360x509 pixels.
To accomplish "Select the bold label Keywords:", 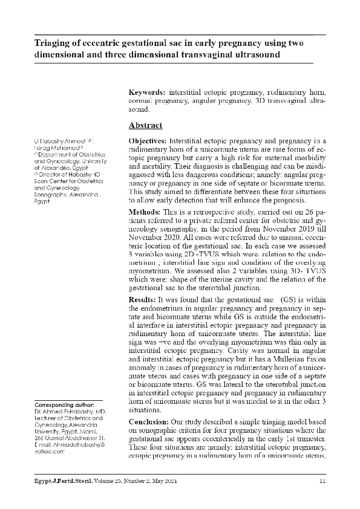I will click(148, 92).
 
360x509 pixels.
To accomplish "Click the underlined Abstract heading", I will click(145, 126).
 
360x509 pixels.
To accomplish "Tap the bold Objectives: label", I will click(149, 140).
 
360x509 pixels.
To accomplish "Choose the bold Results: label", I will click(144, 300).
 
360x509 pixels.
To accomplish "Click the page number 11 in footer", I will click(322, 481).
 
